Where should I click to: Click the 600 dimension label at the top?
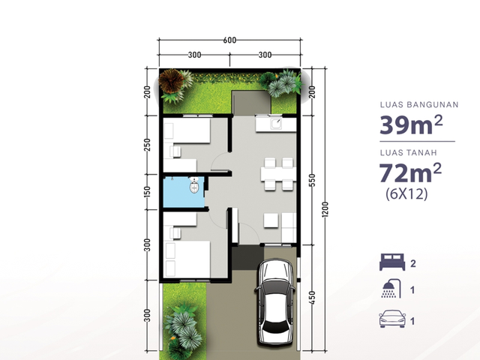coord(229,40)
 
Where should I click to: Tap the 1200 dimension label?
coord(325,209)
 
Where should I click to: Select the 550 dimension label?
coord(312,180)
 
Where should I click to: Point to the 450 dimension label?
coord(312,298)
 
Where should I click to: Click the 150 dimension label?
coord(147,192)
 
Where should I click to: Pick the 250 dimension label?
coord(147,145)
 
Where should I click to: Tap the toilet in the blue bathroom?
coord(194,184)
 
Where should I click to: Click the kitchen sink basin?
coord(276,123)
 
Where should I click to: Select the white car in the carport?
coord(275,302)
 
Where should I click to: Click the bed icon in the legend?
coord(392,262)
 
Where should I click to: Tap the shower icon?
coord(391,288)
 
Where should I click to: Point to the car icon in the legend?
coord(392,319)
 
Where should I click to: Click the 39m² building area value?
coord(411,125)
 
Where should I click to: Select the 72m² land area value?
coord(410,172)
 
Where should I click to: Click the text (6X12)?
coord(406,193)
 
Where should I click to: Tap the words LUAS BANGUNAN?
coord(419,105)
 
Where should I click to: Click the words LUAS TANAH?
coord(408,152)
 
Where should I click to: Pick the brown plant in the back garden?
coord(171,80)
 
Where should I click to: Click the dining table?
coord(278,174)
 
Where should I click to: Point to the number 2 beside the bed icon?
coord(413,263)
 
